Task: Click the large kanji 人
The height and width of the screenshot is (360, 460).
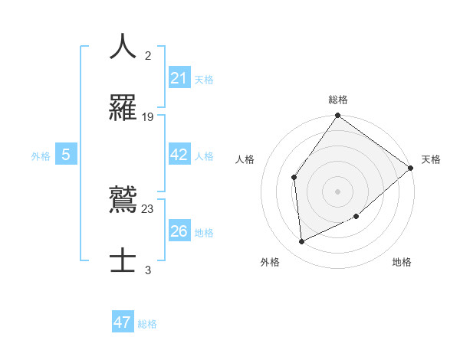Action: click(123, 47)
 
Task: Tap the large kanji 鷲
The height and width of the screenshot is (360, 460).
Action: click(123, 201)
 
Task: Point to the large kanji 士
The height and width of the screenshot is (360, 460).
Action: click(123, 260)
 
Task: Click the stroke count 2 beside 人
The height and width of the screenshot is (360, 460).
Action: click(148, 55)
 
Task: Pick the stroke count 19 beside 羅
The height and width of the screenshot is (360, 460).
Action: click(148, 116)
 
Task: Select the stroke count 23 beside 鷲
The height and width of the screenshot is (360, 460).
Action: click(148, 208)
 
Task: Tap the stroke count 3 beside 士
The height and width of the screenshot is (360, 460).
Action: click(148, 269)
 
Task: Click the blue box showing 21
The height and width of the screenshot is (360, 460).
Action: click(179, 77)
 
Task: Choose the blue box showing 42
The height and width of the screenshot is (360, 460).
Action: click(179, 155)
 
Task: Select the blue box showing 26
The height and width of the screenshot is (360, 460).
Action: click(179, 231)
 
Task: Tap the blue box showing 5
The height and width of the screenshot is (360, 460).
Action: click(66, 155)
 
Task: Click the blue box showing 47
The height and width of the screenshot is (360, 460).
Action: click(123, 322)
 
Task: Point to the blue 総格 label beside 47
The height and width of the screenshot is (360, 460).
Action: click(147, 324)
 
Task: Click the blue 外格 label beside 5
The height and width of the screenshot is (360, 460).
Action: click(41, 156)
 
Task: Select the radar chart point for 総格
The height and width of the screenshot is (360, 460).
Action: click(337, 116)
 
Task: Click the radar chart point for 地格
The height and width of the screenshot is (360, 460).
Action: click(356, 217)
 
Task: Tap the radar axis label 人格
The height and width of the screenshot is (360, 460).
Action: click(245, 159)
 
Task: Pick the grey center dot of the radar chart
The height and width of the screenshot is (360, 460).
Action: click(337, 191)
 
